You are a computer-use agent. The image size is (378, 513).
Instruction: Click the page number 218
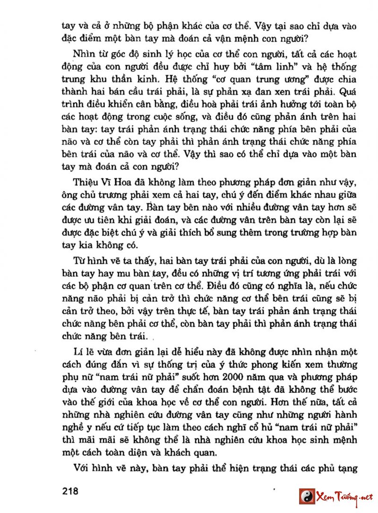click(70, 491)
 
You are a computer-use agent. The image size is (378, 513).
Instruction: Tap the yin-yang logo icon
click(307, 496)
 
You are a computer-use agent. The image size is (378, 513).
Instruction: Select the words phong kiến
click(274, 365)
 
